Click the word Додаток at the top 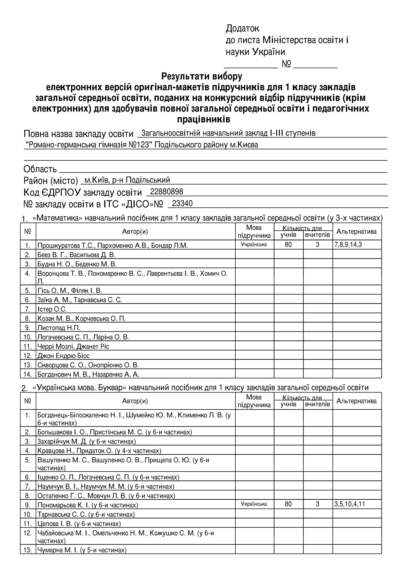click(242, 28)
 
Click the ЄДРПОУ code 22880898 click(166, 192)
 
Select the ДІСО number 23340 click(182, 203)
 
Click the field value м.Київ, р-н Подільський click(127, 180)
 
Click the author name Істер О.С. click(52, 309)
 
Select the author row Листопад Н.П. click(59, 328)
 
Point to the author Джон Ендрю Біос click(64, 356)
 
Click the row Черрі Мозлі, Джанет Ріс click(73, 346)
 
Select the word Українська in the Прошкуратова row click(254, 245)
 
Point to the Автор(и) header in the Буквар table click(135, 401)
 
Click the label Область click(40, 169)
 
